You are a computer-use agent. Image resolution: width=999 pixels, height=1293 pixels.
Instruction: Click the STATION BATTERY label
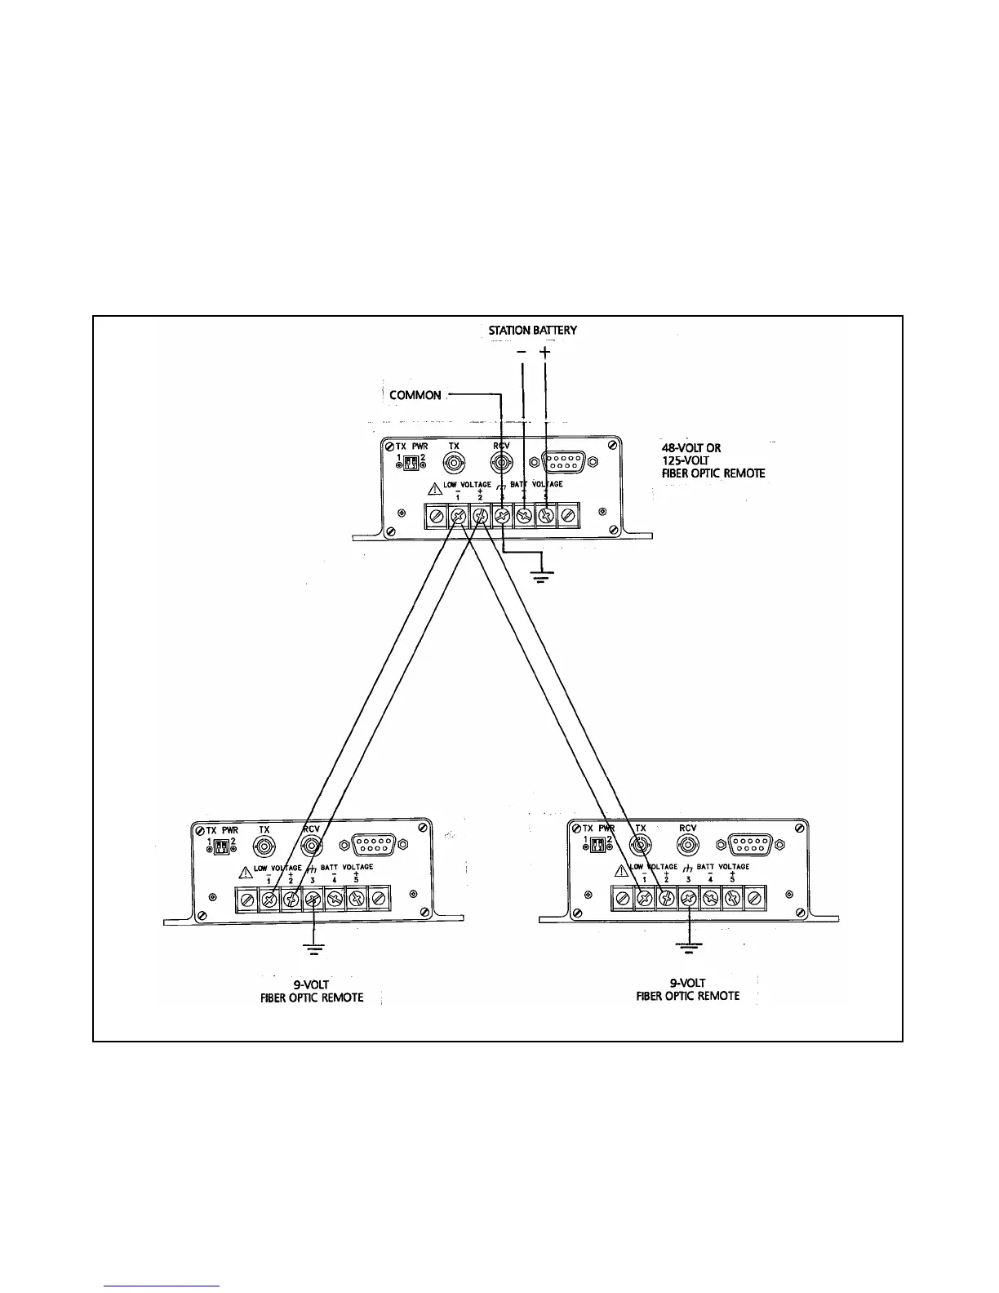pyautogui.click(x=532, y=331)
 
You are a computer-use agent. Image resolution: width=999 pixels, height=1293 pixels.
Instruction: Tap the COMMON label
pyautogui.click(x=415, y=395)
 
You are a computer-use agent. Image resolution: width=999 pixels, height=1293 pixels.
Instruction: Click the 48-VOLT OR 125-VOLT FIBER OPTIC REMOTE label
pyautogui.click(x=713, y=460)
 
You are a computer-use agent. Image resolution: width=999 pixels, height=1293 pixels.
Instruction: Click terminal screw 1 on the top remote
pyautogui.click(x=459, y=516)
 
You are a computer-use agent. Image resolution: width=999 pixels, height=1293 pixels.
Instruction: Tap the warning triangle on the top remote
pyautogui.click(x=435, y=490)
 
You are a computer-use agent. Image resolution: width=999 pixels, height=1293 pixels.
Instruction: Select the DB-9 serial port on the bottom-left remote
pyautogui.click(x=375, y=845)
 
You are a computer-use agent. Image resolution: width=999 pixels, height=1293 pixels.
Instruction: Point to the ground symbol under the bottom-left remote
pyautogui.click(x=313, y=948)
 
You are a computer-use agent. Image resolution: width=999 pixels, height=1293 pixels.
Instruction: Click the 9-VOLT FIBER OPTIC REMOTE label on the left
pyautogui.click(x=312, y=991)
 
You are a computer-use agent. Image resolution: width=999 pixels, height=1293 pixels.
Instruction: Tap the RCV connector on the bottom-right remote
pyautogui.click(x=687, y=845)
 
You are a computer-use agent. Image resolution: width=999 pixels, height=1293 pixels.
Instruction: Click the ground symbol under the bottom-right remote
pyautogui.click(x=689, y=946)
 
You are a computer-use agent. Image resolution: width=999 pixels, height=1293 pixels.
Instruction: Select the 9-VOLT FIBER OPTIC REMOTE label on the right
pyautogui.click(x=688, y=989)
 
